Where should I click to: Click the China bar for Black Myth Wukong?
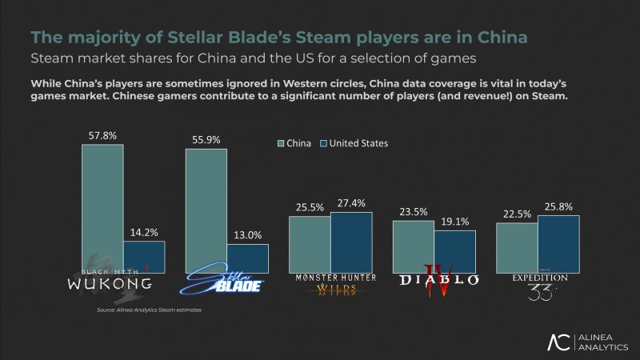pos(102,208)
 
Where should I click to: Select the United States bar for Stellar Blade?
pos(247,258)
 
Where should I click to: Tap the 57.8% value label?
pos(102,137)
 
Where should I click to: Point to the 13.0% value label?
pos(247,236)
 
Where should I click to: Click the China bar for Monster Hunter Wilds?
pos(310,244)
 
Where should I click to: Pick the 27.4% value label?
pos(351,204)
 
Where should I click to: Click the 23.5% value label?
pos(414,213)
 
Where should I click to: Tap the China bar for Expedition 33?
pos(517,247)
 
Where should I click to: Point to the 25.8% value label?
pos(558,207)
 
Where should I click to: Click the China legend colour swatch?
pos(282,144)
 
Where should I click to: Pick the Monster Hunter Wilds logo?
pos(330,285)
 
